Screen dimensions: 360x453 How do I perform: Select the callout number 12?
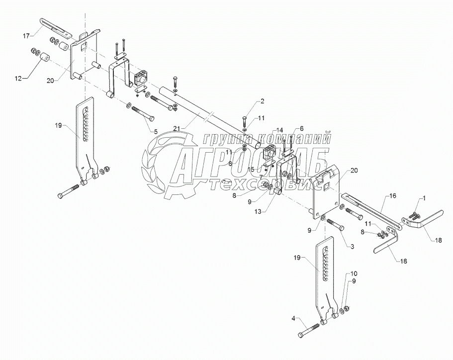point(19,78)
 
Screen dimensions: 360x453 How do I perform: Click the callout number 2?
point(263,101)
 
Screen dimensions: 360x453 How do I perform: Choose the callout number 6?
point(302,129)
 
